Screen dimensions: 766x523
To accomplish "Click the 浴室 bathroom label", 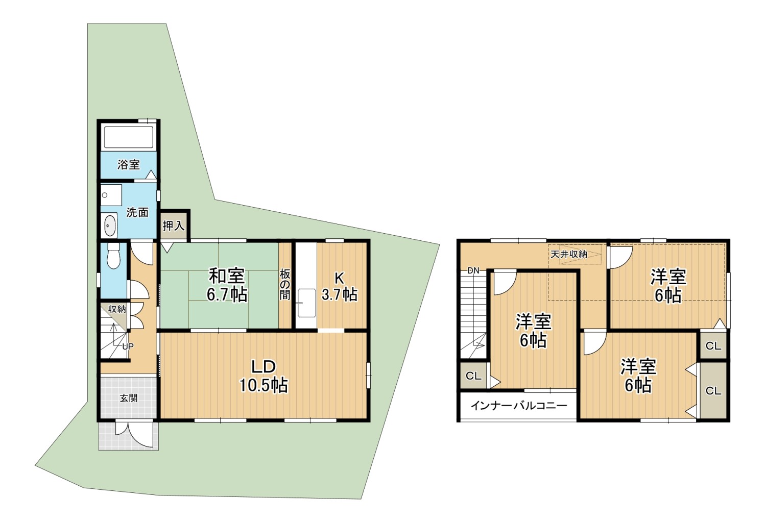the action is coord(129,165).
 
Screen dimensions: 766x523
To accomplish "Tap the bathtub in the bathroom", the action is coord(129,137).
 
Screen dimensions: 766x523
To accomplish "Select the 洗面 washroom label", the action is coord(137,212).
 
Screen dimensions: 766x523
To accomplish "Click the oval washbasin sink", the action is coord(110,226).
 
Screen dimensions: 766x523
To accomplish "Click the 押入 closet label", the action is coord(174,226).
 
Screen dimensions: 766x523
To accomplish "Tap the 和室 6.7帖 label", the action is coord(227,285).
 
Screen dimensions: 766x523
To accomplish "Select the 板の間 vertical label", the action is coord(285,284).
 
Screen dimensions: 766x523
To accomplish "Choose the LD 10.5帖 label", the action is coord(264,376).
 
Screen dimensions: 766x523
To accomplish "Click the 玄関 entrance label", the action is coord(129,398).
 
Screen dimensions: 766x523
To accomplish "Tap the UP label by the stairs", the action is coord(128,346).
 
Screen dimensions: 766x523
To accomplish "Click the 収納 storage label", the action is coord(117,309).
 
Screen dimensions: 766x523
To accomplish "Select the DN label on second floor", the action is coord(473,271).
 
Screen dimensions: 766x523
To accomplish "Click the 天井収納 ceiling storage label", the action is coord(569,255).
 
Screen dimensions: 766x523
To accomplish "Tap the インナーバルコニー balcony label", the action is coord(519,406).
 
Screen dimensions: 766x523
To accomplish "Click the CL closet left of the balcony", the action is coord(473,376).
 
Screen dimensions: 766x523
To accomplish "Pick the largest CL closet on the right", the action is coord(713,390).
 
